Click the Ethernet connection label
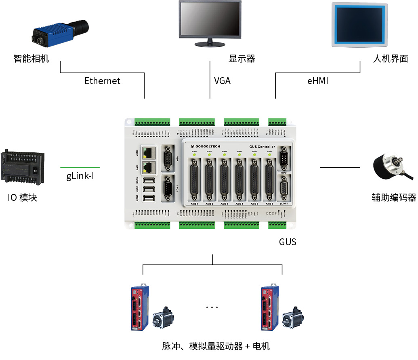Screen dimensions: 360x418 point(102,81)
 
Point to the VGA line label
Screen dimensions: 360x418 point(222,81)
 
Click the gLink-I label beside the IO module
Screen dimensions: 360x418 point(80,177)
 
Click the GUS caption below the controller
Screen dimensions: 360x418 point(288,242)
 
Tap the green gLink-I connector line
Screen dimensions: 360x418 point(80,167)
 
